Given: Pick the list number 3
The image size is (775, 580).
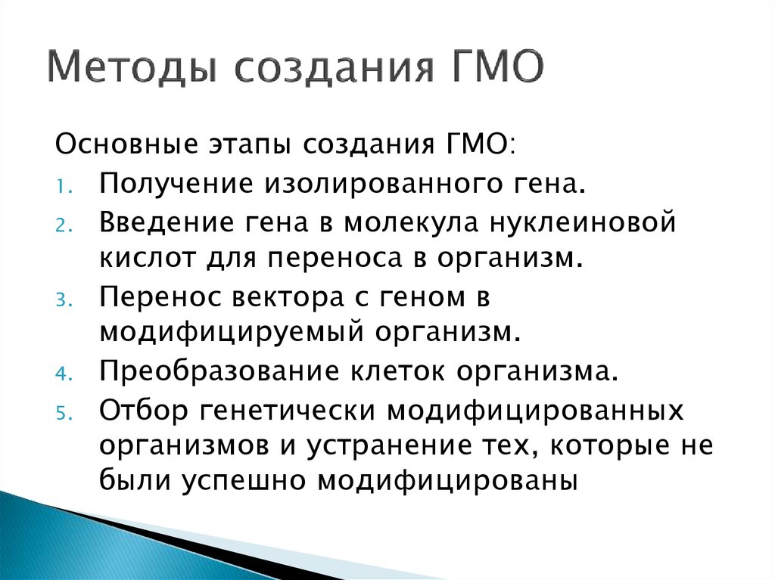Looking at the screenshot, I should [x=61, y=298].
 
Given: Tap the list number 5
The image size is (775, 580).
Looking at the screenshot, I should [x=61, y=414].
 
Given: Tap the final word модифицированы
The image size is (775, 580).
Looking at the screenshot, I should [x=449, y=482].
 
